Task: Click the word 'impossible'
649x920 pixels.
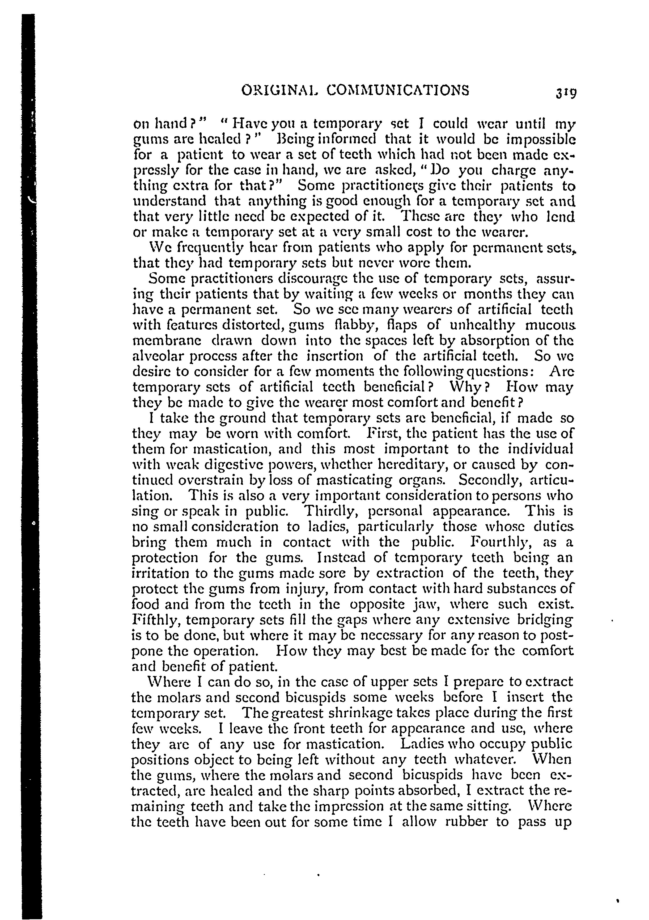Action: [x=539, y=140]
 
